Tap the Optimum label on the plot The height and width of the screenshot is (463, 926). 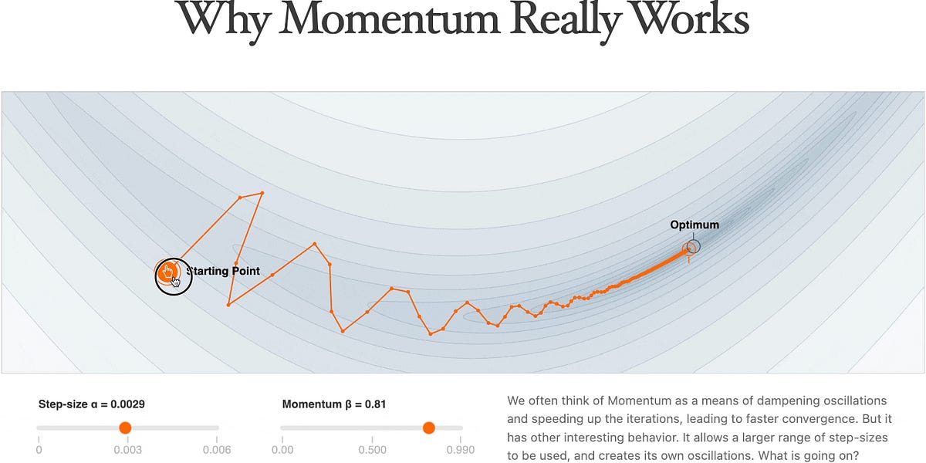click(x=694, y=225)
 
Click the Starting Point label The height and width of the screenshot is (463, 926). click(x=224, y=271)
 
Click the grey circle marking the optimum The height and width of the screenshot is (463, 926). click(x=693, y=246)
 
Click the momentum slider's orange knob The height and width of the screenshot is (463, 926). click(x=429, y=428)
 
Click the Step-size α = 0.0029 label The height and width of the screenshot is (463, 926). click(x=92, y=404)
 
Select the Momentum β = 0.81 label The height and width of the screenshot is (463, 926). click(x=334, y=404)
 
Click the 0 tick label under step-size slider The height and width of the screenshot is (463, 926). click(x=39, y=450)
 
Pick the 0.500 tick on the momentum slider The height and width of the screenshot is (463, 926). click(x=373, y=450)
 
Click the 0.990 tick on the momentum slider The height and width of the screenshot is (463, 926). click(x=461, y=450)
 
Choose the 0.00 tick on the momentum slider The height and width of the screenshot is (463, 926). click(x=282, y=450)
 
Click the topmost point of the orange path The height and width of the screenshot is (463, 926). click(x=262, y=192)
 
